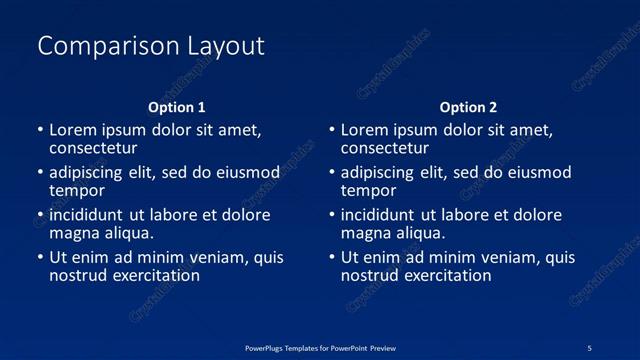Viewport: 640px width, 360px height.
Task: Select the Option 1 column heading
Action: [x=177, y=107]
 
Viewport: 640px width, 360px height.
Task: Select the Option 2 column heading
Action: [x=468, y=107]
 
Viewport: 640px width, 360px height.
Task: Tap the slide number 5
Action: [x=589, y=347]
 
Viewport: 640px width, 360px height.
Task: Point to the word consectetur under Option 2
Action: [x=385, y=148]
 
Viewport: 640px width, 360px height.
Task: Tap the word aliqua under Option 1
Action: [x=128, y=233]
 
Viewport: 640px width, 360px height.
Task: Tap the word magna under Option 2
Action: [x=365, y=233]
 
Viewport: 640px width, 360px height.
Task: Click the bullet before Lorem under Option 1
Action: [x=40, y=130]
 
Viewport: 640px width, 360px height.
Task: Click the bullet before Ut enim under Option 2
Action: [x=332, y=258]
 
